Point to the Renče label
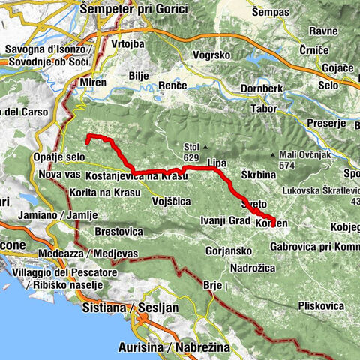(x=172, y=88)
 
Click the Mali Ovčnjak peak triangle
(x=274, y=155)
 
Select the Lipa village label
(x=216, y=163)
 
